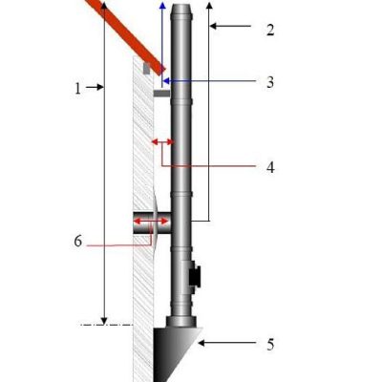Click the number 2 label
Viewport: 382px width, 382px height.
point(270,30)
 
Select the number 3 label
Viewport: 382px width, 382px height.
point(270,83)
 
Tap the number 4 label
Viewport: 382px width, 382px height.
point(270,167)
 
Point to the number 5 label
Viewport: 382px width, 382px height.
point(270,343)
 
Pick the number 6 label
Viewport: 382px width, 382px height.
point(78,242)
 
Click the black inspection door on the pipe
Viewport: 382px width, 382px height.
point(195,276)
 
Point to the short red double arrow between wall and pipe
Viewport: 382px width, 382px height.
point(161,141)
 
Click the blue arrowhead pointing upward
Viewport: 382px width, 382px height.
point(162,6)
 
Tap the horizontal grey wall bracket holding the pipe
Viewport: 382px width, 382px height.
point(161,95)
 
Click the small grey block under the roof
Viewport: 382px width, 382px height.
point(145,69)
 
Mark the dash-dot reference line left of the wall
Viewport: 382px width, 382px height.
point(104,325)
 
